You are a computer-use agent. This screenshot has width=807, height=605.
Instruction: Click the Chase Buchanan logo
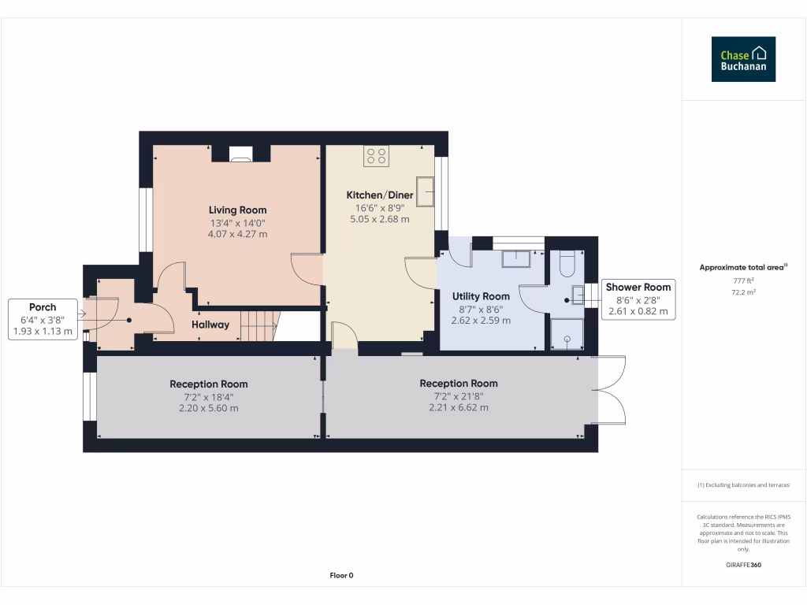(x=743, y=59)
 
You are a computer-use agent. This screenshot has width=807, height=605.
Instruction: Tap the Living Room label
(x=237, y=210)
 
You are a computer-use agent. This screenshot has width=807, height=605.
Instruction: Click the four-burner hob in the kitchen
(x=376, y=156)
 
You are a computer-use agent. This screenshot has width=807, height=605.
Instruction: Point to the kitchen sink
(x=426, y=191)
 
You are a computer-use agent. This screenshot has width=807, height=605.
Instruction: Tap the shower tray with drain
(x=567, y=334)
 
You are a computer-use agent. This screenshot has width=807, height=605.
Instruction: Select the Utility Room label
(x=481, y=296)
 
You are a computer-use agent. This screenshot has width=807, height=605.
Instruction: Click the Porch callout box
(x=43, y=319)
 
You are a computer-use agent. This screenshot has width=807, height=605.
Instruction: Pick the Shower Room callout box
(x=638, y=299)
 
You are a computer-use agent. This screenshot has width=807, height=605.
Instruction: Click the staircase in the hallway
(x=259, y=325)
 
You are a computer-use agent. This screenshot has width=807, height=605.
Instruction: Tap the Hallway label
(x=210, y=325)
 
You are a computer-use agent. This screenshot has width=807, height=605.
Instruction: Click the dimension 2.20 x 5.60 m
(x=208, y=408)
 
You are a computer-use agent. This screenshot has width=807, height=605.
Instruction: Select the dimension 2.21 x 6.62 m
(x=458, y=407)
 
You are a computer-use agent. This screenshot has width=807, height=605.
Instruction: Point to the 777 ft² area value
(x=743, y=280)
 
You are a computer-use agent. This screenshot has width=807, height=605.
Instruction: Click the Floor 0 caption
(x=341, y=575)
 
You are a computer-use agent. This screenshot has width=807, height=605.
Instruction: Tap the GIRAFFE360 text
(x=743, y=565)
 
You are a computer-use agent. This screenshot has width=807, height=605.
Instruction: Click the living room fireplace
(x=241, y=155)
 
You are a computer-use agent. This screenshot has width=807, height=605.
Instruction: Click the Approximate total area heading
(x=743, y=268)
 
